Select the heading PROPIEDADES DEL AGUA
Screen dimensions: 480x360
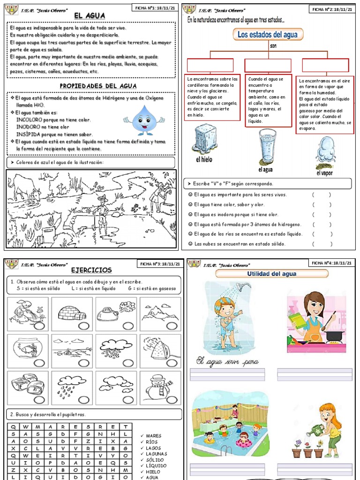[x=98, y=86]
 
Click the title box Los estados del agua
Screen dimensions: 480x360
[x=267, y=35]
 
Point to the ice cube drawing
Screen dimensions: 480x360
[x=203, y=139]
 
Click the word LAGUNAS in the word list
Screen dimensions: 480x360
[x=157, y=454]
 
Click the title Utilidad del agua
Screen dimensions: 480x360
[x=271, y=273]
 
